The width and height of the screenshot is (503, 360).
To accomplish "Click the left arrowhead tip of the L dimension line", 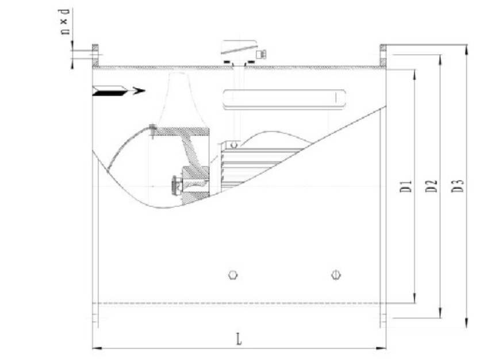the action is coord(93,348).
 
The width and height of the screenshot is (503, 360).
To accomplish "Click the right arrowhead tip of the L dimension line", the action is coord(386,348).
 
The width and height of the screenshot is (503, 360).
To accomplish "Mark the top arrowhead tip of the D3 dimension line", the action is coord(467,45).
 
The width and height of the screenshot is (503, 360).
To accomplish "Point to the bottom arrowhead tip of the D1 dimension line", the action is coord(415,302).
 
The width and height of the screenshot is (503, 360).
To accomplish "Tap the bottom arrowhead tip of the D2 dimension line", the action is coord(440,318).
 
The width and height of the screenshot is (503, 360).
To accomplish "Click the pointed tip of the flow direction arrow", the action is coord(145,91).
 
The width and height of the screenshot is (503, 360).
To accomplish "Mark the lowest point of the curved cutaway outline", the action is coord(164,208).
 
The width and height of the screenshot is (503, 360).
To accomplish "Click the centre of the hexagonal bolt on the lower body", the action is coord(233,275).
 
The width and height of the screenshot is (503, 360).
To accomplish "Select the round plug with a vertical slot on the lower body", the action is coord(336,275).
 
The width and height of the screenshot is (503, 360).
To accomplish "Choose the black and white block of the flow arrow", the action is coord(110,91).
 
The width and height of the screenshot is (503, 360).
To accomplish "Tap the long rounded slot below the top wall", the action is coord(284,99).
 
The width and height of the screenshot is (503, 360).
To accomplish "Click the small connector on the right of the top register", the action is coord(262,54).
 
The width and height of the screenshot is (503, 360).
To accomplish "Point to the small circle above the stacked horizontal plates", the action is coord(234,145).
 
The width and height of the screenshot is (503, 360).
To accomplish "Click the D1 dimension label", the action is coord(406,186).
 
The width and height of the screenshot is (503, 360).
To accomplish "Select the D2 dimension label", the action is coord(432,186).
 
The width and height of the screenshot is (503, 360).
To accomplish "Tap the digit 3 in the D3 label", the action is coord(458,182).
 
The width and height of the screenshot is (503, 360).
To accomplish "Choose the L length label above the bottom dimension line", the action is coord(239,339).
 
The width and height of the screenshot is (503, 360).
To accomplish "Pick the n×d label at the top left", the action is coord(64,21).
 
